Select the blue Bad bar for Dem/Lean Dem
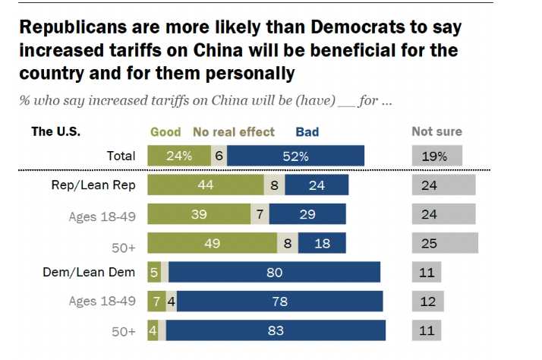click(275, 272)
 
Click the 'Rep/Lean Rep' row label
click(100, 185)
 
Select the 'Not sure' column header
click(436, 131)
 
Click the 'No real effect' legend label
click(235, 131)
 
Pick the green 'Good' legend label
click(165, 131)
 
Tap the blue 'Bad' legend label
click(307, 131)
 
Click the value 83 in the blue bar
click(276, 331)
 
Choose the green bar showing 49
click(213, 243)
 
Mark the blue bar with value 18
click(322, 243)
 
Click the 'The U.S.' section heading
click(55, 131)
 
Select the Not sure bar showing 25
click(445, 243)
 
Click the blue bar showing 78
click(281, 301)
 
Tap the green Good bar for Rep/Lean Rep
click(205, 185)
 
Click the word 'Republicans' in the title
click(71, 30)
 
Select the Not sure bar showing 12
click(427, 301)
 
